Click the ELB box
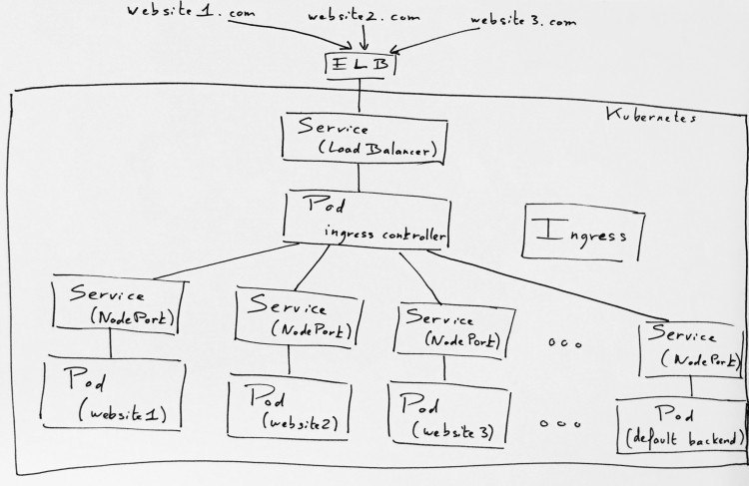361,65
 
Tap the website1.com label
191,11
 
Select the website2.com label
364,17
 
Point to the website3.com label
523,20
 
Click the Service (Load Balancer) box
365,139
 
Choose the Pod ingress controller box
367,221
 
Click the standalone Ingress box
583,233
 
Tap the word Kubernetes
651,116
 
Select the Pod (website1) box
113,393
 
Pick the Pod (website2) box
290,406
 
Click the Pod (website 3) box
449,414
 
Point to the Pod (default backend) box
682,426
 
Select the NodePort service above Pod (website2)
299,317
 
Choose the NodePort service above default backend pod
692,349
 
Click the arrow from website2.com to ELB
364,37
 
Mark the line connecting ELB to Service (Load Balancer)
360,95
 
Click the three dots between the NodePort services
564,343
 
